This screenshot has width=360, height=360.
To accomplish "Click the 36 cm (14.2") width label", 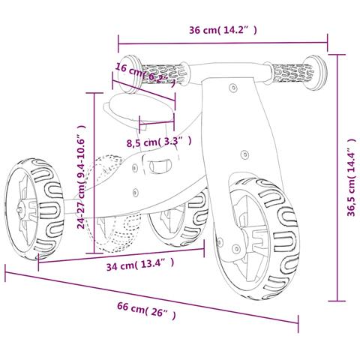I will click(x=223, y=30).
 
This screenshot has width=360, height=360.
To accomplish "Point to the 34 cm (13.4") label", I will click(x=140, y=263).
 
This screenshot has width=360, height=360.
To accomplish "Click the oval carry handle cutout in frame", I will click(x=159, y=166).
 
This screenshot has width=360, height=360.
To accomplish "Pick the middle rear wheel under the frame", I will click(x=177, y=217).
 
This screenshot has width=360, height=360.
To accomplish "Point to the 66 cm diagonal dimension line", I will click(x=150, y=297).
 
